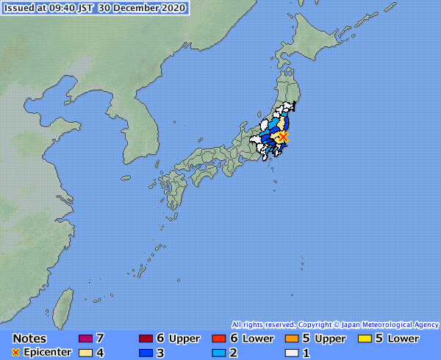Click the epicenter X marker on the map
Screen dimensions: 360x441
[284, 137]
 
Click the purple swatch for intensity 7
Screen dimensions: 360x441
[85, 339]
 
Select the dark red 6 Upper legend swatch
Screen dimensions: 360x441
[145, 339]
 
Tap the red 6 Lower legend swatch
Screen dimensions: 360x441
[218, 339]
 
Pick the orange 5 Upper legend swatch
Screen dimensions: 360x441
[290, 339]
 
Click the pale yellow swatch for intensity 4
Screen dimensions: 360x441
[85, 353]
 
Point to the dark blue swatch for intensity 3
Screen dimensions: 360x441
[145, 353]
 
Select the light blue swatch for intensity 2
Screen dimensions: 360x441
[218, 353]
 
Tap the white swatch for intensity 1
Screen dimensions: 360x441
[290, 353]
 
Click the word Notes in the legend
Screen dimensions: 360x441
[29, 339]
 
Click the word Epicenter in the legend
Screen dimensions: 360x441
[46, 353]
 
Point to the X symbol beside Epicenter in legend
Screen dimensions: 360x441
[15, 353]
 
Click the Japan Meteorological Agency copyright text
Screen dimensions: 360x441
[334, 324]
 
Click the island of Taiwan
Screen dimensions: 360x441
[65, 301]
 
